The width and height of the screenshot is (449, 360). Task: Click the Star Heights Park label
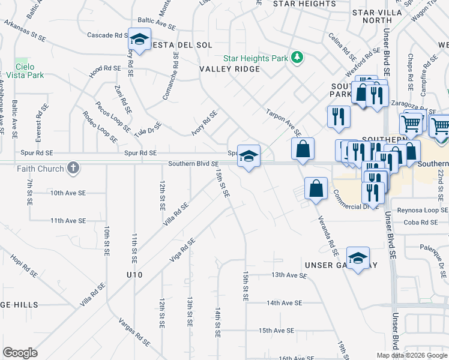pos(256,58)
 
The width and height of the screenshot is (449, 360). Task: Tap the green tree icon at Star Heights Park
pos(297,58)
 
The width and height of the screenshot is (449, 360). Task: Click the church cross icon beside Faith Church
pos(73,168)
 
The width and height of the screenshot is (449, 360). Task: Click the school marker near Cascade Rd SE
pos(139,40)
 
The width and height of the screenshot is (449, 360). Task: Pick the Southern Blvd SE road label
pos(193,163)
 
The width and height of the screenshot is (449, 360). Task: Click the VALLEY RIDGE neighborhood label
pos(230,69)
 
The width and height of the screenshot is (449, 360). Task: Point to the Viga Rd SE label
pos(183,250)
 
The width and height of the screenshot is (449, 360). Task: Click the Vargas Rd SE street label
pos(133,332)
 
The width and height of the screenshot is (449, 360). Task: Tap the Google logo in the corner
pos(20,353)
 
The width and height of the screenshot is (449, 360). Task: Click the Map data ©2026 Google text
pos(412,355)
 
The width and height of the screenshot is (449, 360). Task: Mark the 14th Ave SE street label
pos(285,303)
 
